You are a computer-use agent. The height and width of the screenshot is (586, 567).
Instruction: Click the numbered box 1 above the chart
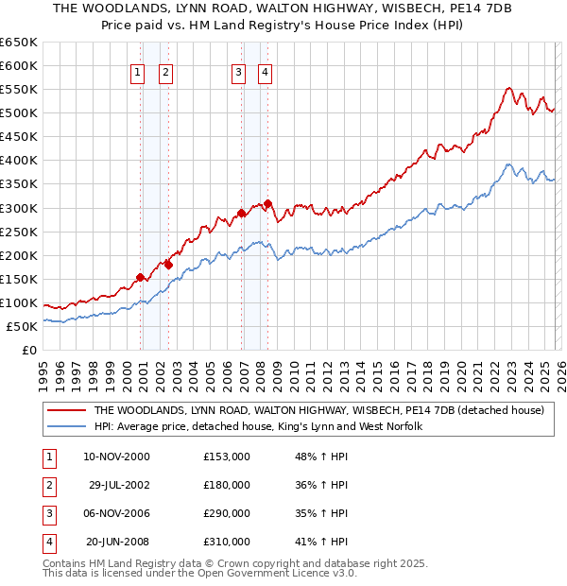[x=137, y=72]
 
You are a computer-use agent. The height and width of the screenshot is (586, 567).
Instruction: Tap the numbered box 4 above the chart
[x=266, y=72]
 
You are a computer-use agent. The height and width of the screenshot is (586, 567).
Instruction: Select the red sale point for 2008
[x=268, y=203]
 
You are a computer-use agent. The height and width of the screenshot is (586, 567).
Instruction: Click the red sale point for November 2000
[x=141, y=277]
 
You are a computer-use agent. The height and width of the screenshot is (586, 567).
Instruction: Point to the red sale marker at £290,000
[x=242, y=213]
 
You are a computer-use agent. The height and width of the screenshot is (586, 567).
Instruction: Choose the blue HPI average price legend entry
[x=257, y=427]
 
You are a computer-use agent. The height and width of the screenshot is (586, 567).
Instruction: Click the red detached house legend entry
[x=318, y=411]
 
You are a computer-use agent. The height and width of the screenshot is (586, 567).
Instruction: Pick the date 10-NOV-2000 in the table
[x=117, y=457]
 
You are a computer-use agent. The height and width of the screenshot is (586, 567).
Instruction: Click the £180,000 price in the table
[x=227, y=485]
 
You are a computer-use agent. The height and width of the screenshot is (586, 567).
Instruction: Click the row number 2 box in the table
[x=46, y=485]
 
